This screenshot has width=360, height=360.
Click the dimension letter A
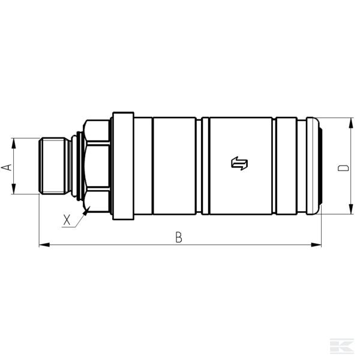(x=7, y=167)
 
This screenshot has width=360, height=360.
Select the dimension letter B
(x=178, y=238)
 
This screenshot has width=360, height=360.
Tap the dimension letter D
(x=343, y=166)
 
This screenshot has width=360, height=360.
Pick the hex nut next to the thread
(x=97, y=166)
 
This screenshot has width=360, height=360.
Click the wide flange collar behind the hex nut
(x=122, y=166)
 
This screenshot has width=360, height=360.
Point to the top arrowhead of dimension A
(x=13, y=142)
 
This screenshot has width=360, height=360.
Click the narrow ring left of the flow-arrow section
(x=205, y=166)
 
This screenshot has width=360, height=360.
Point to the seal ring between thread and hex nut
(x=74, y=166)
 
